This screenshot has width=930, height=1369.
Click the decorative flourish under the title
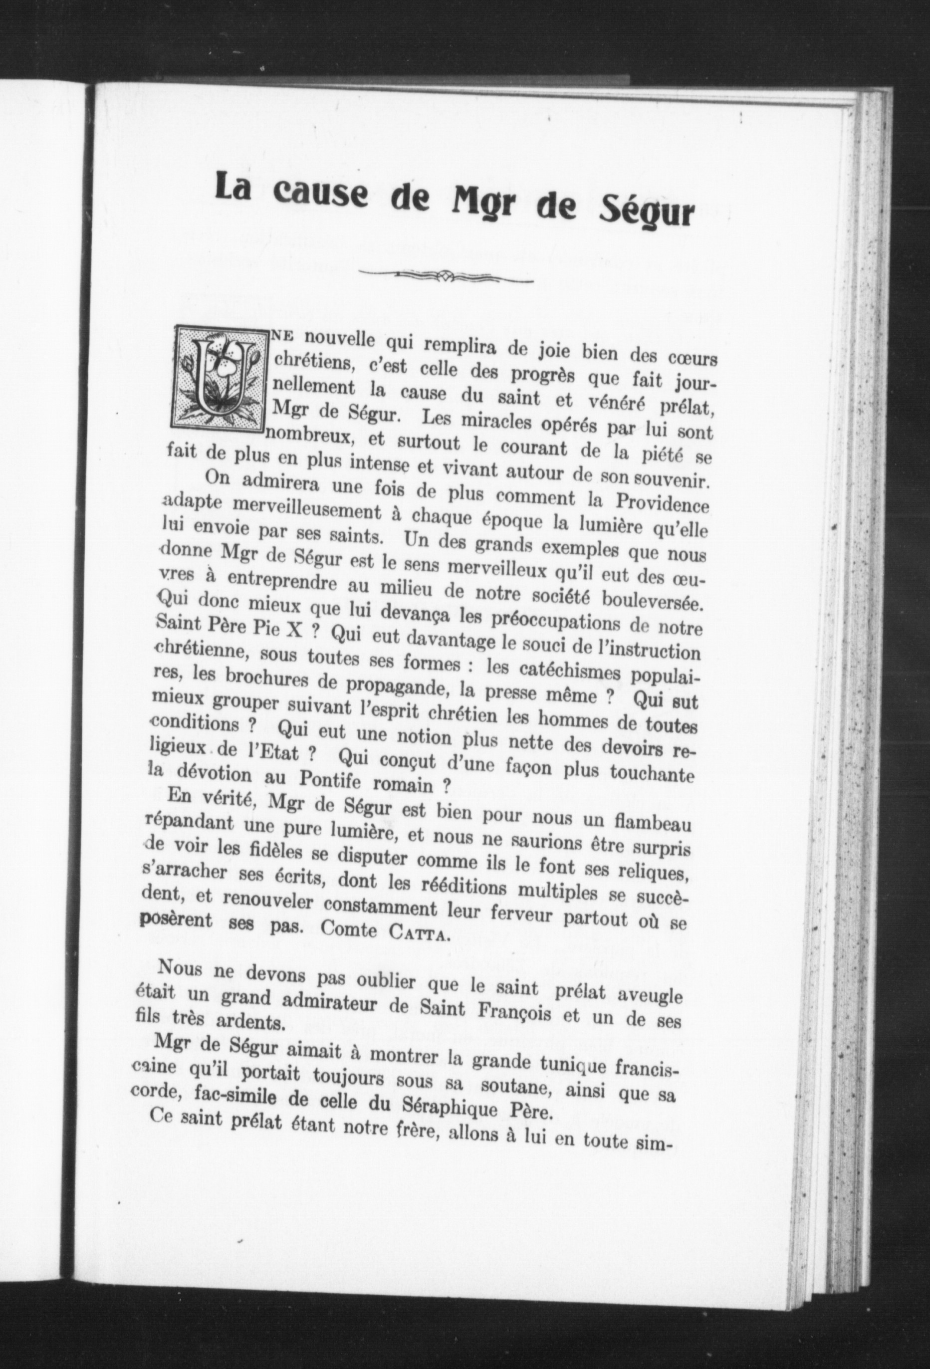[x=446, y=276]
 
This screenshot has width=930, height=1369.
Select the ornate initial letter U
[x=218, y=378]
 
